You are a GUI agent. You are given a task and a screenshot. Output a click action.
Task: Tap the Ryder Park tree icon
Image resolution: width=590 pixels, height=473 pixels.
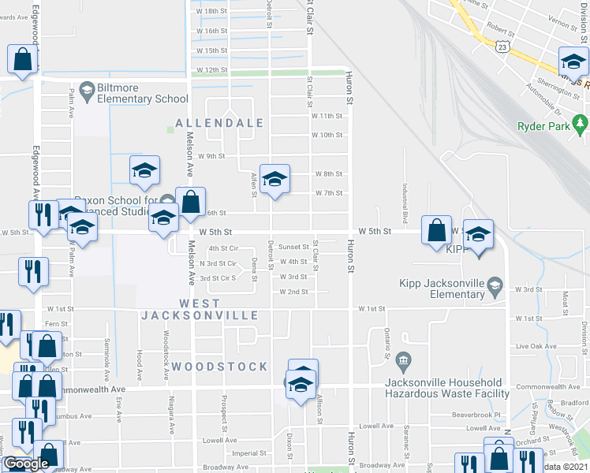pos(581,124)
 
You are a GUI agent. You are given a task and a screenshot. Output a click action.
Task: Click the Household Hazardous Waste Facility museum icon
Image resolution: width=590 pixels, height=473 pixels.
pos(403,362)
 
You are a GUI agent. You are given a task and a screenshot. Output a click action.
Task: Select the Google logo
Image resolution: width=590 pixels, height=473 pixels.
pos(26,464)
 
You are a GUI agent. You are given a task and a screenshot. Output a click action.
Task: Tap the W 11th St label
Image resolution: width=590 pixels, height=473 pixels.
pos(327,115)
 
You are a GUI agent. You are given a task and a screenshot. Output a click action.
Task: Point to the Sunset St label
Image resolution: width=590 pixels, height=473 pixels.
pos(294,247)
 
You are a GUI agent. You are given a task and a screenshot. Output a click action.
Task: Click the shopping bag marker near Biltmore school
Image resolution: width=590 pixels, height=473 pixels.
pos(22,60)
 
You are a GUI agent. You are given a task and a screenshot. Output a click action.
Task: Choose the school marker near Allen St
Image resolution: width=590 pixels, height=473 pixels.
pos(274,180)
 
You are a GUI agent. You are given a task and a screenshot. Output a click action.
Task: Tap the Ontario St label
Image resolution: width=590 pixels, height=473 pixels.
pos(386,344)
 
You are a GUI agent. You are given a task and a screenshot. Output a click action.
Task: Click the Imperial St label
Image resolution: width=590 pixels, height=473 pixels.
pos(249,453)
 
